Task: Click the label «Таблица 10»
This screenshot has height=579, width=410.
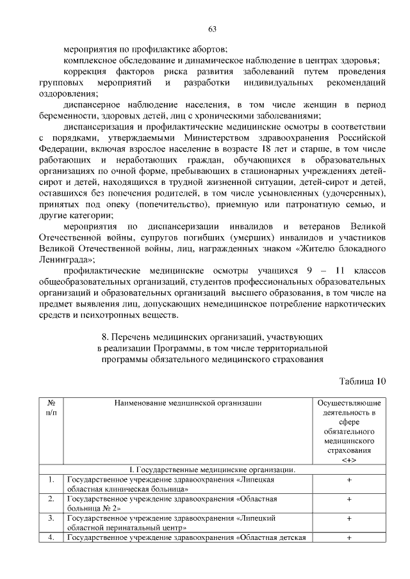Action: pyautogui.click(x=363, y=382)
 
